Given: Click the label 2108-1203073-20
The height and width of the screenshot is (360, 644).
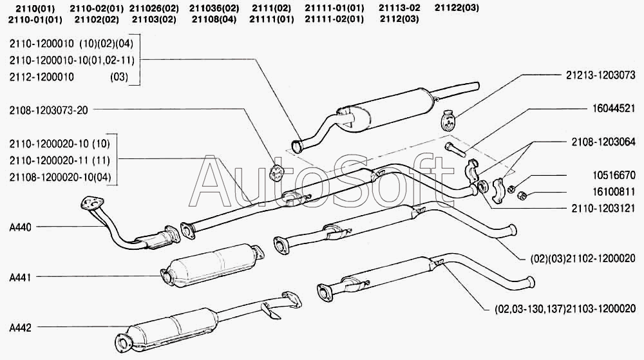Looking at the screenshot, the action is tap(48, 110).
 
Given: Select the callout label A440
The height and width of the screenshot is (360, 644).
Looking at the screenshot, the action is tap(21, 227).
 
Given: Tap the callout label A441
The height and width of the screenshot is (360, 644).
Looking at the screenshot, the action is tap(21, 276).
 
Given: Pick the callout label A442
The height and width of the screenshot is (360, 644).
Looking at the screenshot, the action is tap(21, 327).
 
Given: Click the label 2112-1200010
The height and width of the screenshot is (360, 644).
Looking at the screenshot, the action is tap(42, 77).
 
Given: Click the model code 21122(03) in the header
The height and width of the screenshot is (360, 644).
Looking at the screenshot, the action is tap(457, 8).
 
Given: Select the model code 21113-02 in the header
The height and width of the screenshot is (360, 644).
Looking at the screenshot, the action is tap(399, 8).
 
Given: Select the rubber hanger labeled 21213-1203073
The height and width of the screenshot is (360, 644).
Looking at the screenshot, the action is tap(449, 120).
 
